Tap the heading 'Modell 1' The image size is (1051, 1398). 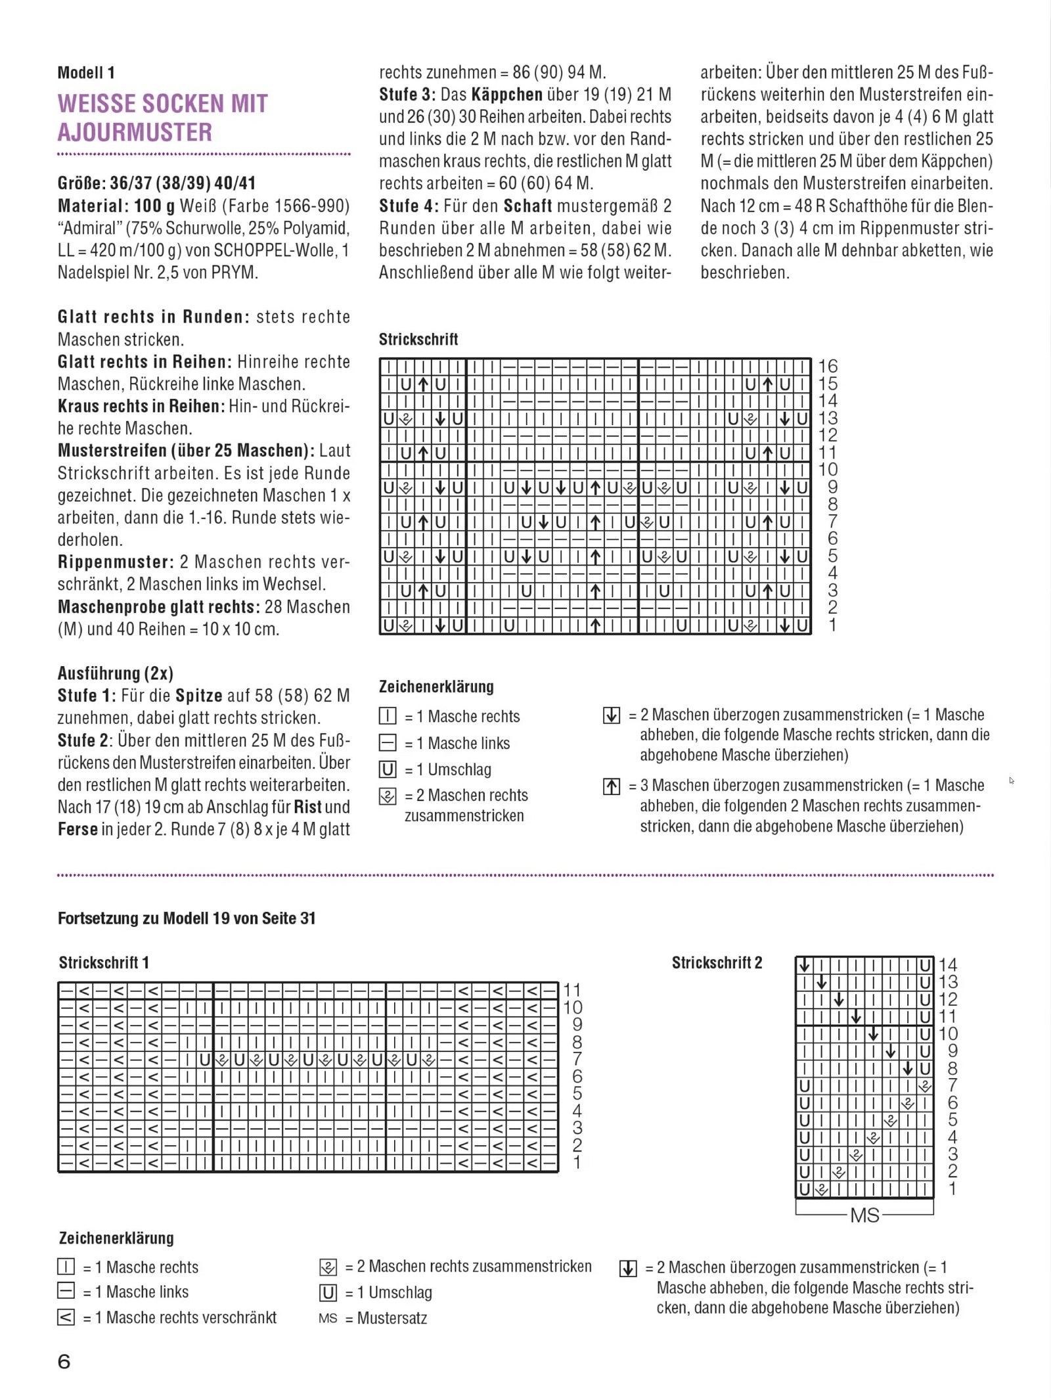tap(86, 73)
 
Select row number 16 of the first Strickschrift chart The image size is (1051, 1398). tap(828, 366)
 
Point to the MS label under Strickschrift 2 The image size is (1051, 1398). tap(864, 1215)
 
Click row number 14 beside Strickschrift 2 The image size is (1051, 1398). tap(948, 965)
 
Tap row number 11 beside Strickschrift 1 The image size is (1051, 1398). tap(572, 990)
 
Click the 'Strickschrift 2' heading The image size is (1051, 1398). tap(717, 963)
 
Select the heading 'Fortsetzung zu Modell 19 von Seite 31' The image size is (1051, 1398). tap(187, 918)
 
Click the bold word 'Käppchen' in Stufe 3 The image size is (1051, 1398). tap(506, 95)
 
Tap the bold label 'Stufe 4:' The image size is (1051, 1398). tap(409, 206)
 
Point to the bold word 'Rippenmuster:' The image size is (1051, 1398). tap(116, 562)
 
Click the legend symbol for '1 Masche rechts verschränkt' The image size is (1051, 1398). tap(66, 1317)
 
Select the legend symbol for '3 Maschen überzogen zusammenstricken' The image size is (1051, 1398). tap(612, 786)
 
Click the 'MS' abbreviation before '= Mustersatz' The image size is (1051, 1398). tap(328, 1319)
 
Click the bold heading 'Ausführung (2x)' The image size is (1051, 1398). tap(116, 673)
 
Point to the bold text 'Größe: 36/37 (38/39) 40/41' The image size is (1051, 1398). tap(156, 183)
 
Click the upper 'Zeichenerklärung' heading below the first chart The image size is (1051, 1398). tap(436, 687)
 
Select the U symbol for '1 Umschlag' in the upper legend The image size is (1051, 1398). tap(388, 769)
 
